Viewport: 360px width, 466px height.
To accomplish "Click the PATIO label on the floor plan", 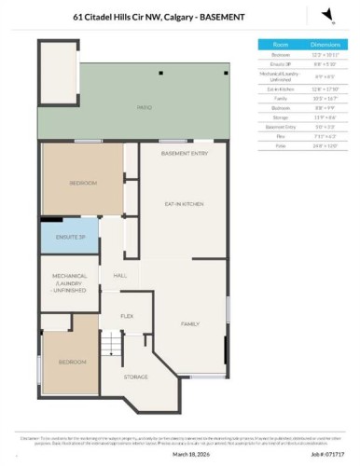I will [x=145, y=108].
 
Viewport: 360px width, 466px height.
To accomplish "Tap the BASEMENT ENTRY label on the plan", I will [x=177, y=153].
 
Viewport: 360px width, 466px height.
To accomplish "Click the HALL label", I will [x=120, y=276].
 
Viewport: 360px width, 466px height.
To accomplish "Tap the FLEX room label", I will [x=128, y=316].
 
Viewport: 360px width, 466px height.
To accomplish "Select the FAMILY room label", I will [x=190, y=323].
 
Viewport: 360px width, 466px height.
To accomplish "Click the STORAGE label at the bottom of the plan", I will [x=137, y=376].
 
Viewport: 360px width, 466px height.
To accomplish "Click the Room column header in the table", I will [x=280, y=44].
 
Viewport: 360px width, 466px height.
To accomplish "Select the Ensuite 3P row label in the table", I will [x=280, y=63].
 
